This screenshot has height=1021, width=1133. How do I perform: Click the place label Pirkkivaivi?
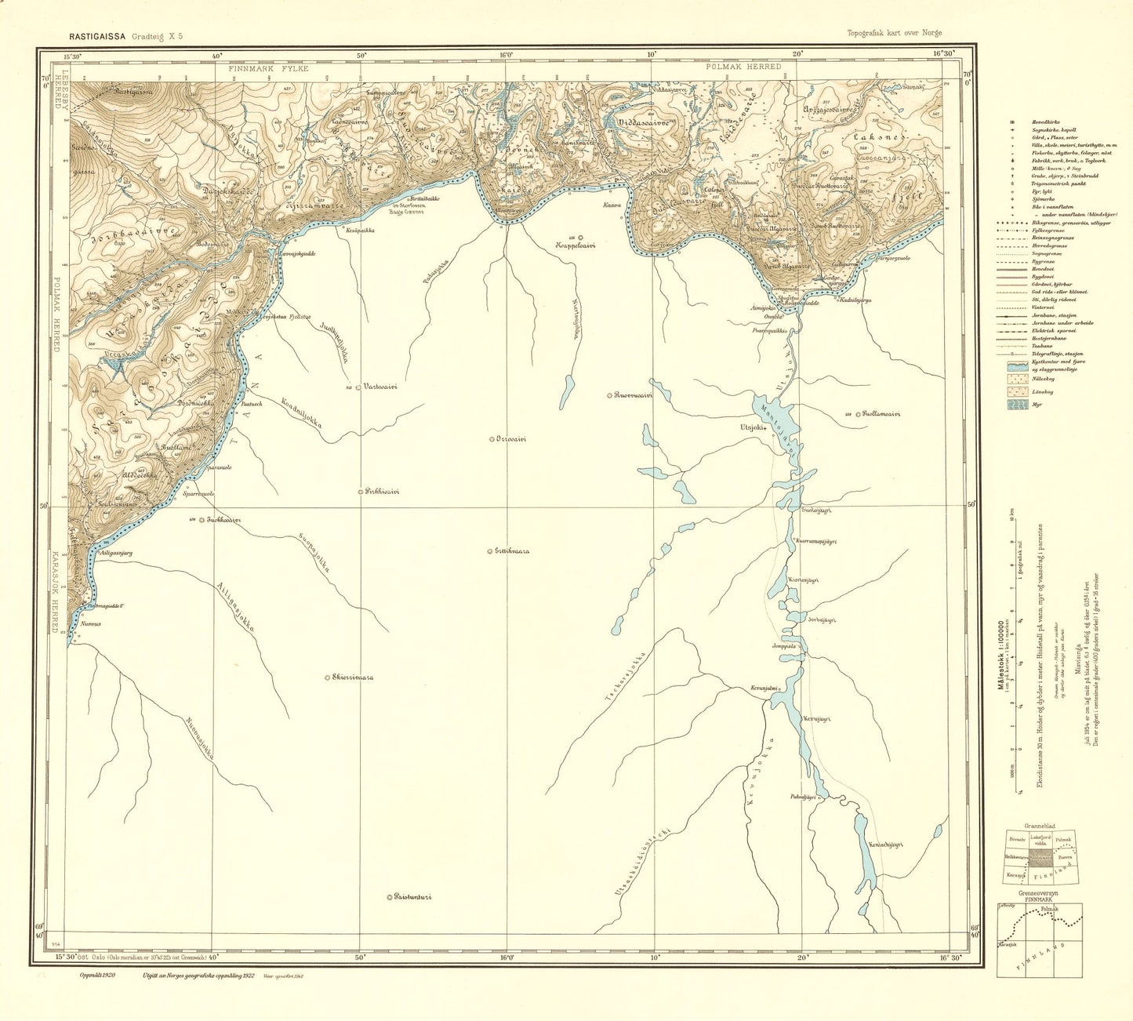coord(382,492)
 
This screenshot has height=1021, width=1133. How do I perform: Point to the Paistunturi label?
coord(414,897)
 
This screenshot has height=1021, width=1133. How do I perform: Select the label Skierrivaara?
coord(352,677)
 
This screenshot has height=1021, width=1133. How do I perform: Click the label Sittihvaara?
coord(511,550)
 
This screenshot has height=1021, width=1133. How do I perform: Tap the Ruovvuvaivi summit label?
coord(634,395)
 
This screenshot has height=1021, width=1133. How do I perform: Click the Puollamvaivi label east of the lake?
coord(881,413)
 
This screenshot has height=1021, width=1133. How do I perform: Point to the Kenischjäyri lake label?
coord(887,845)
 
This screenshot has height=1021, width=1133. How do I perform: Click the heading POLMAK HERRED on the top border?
coord(743,67)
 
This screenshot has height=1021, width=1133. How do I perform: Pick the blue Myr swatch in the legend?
coord(1015,405)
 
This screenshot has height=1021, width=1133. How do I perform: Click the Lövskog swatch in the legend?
coord(1015,390)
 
